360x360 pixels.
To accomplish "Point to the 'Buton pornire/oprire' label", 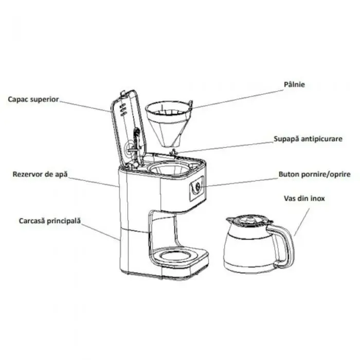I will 314,174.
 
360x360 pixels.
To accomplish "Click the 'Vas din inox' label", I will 304,198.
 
